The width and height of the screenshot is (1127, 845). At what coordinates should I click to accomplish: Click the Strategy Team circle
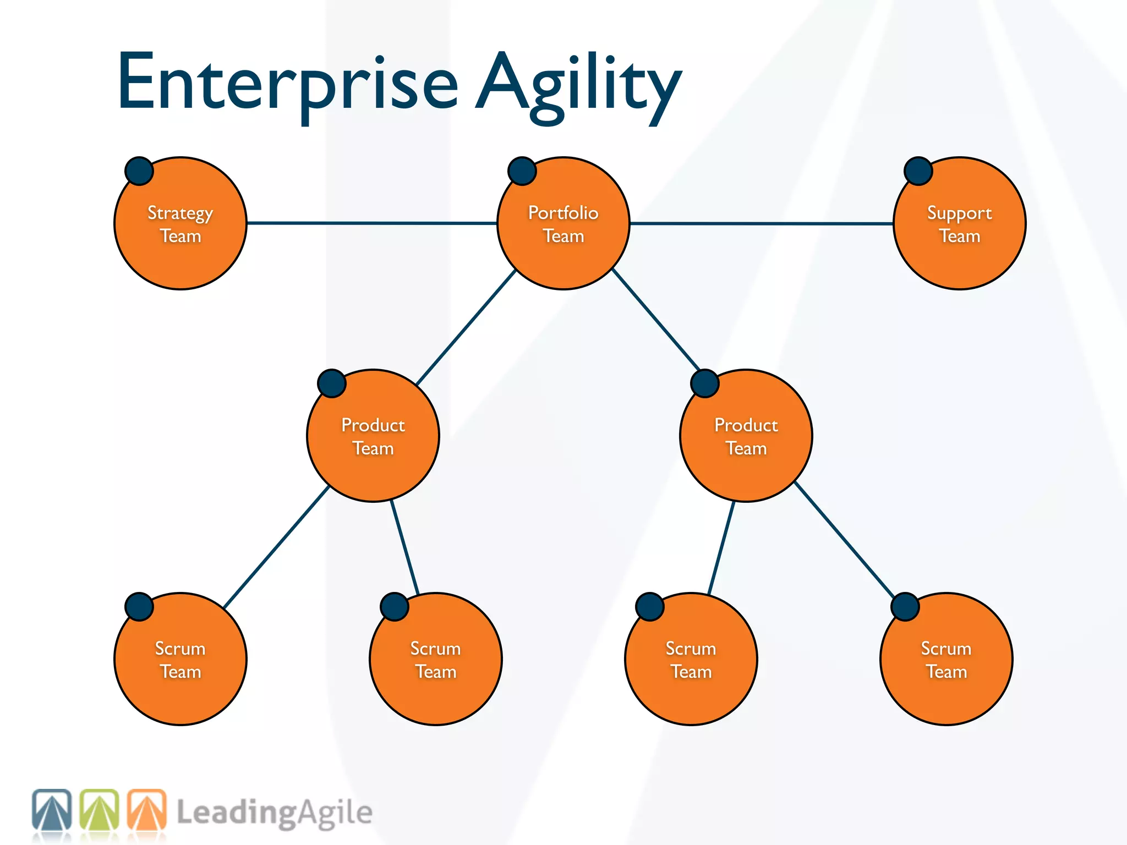(180, 242)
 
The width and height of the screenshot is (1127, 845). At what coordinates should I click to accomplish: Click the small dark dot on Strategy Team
(139, 171)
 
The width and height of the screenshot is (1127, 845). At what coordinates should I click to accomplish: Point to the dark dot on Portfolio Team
(522, 171)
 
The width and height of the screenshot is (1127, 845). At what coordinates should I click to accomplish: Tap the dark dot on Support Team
(918, 171)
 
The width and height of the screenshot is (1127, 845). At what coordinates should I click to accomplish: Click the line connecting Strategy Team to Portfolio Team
(371, 223)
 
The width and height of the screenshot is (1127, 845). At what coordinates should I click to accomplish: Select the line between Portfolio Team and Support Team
(762, 224)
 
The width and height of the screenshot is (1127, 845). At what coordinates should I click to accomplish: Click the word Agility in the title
(578, 85)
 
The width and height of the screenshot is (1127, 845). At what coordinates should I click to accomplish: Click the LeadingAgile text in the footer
(275, 813)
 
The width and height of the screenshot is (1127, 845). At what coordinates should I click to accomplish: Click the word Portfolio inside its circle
(563, 213)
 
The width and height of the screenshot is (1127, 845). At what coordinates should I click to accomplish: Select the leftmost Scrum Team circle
(180, 677)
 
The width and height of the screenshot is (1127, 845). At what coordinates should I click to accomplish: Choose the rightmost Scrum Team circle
(947, 677)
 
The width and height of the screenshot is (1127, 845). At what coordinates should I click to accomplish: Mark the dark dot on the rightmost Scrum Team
(905, 607)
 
